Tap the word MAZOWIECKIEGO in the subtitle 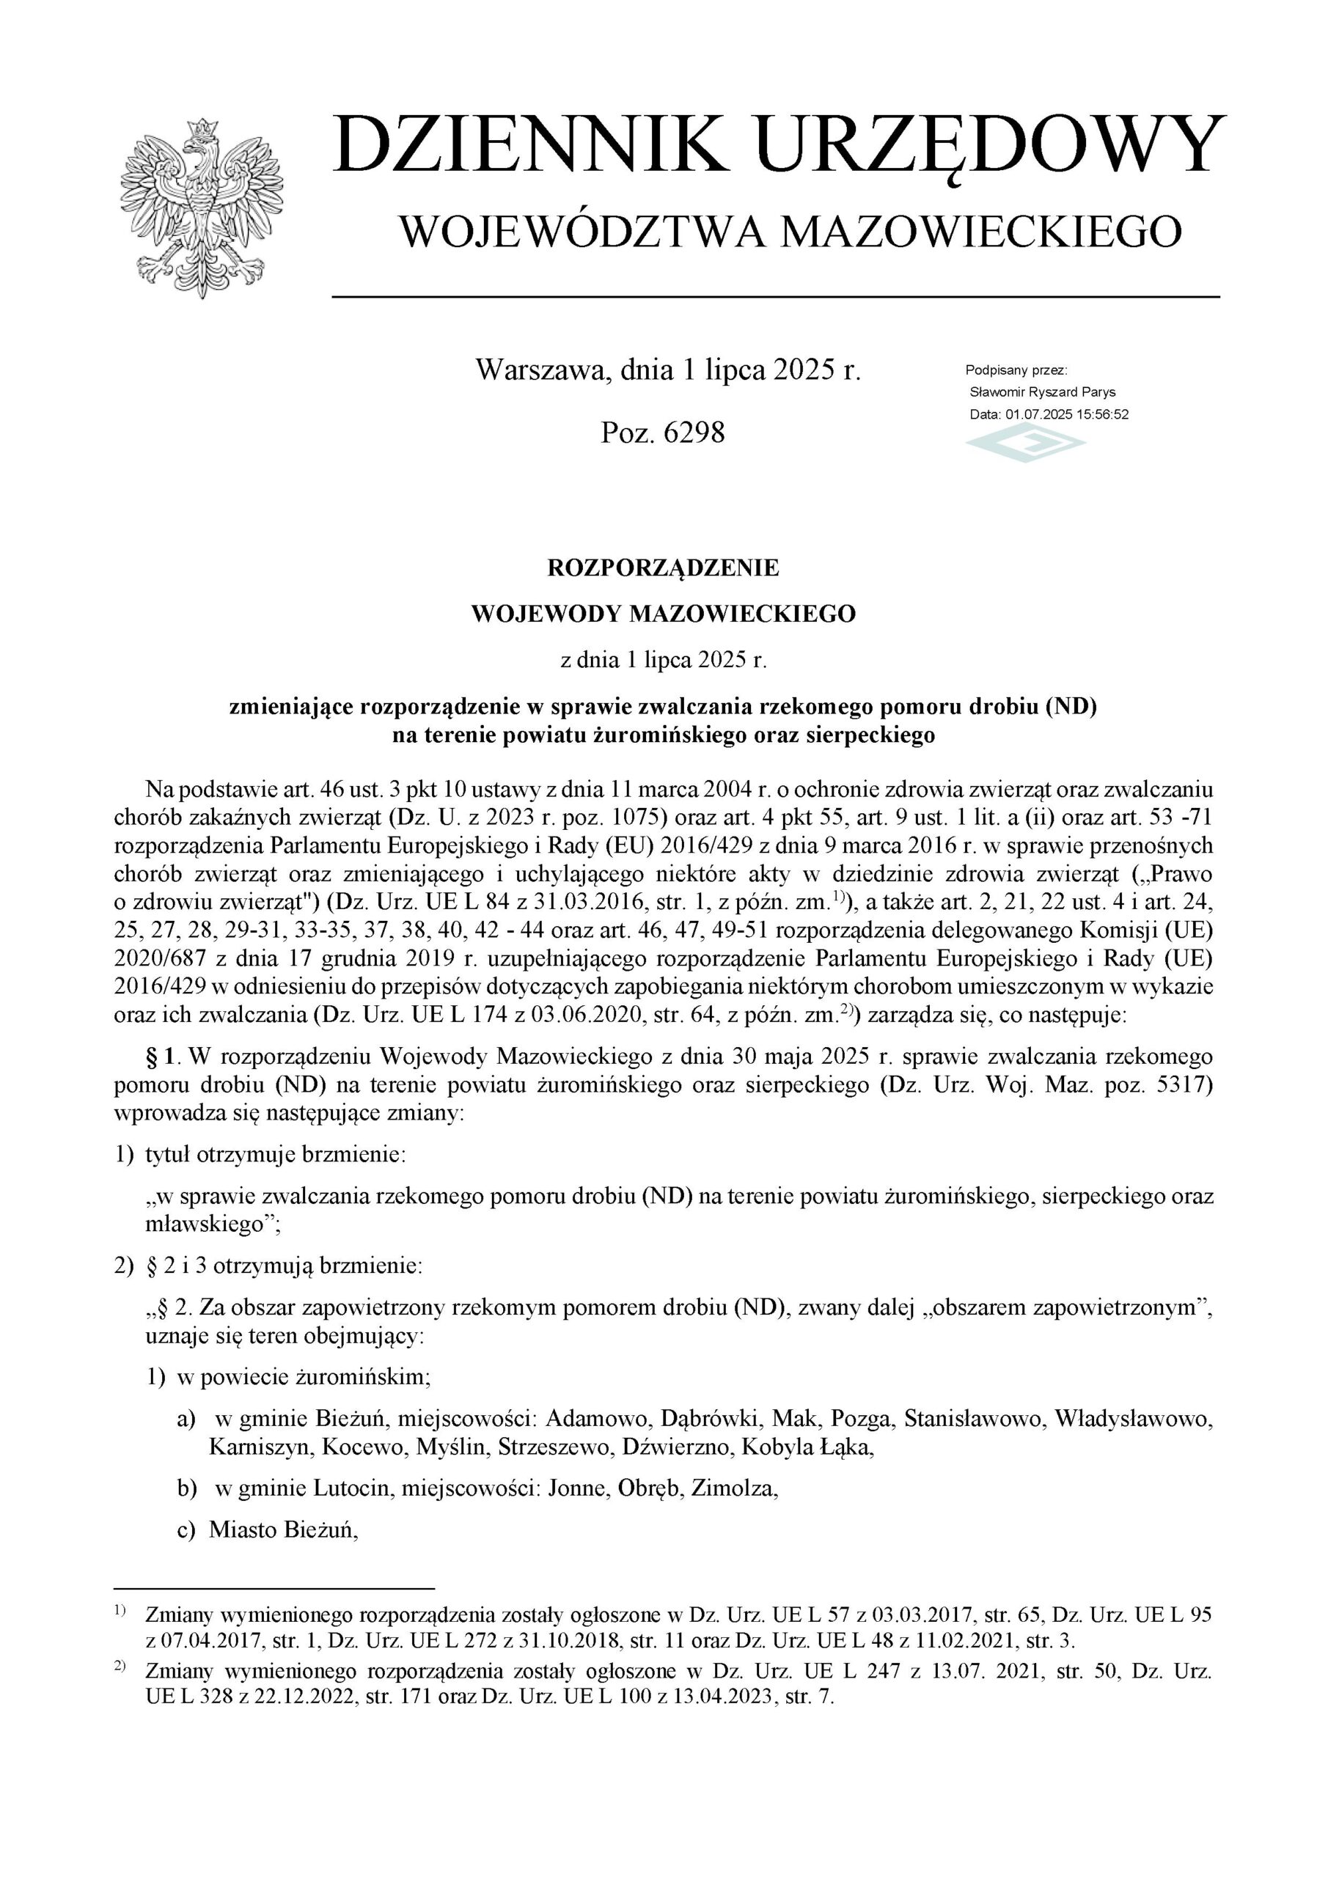click(981, 232)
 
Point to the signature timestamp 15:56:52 click(1102, 414)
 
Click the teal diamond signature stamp click(1025, 446)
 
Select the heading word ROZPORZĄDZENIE click(663, 568)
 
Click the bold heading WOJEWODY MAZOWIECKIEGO click(663, 614)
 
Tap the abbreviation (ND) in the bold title click(1071, 705)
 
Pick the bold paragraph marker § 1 click(162, 1057)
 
